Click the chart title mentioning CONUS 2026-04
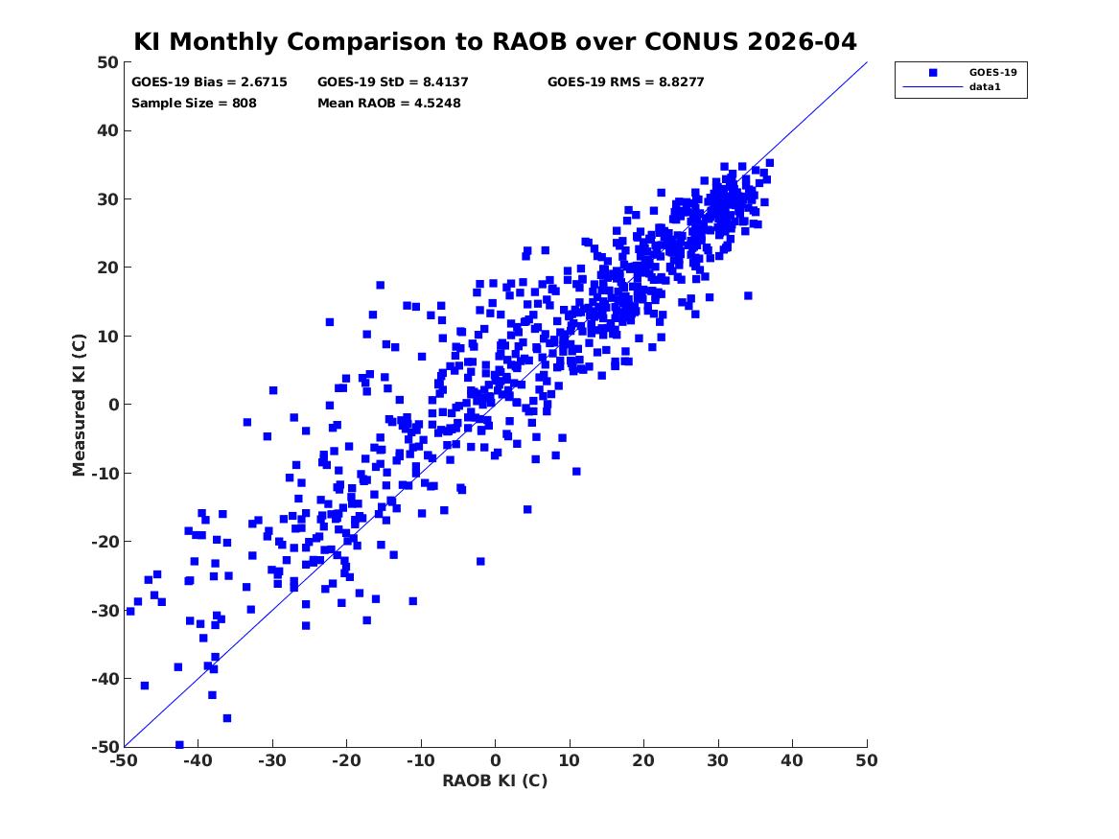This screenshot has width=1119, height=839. pyautogui.click(x=495, y=42)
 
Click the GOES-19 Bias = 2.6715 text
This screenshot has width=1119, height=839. pyautogui.click(x=196, y=82)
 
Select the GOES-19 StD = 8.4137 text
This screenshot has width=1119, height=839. pyautogui.click(x=392, y=82)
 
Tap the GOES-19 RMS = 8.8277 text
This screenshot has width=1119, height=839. pyautogui.click(x=625, y=82)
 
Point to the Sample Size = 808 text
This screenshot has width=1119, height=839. pyautogui.click(x=194, y=103)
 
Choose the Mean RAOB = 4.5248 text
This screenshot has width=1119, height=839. pyautogui.click(x=388, y=103)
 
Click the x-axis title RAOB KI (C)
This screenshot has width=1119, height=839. pyautogui.click(x=495, y=781)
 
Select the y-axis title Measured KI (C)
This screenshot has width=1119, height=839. pyautogui.click(x=80, y=405)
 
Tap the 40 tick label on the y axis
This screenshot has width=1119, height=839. pyautogui.click(x=108, y=131)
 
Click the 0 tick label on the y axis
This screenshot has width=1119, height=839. pyautogui.click(x=113, y=405)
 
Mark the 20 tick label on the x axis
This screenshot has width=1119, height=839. pyautogui.click(x=643, y=760)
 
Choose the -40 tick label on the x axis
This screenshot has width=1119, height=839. pyautogui.click(x=198, y=760)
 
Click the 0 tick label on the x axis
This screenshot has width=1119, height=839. pyautogui.click(x=495, y=760)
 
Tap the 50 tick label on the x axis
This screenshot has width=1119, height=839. pyautogui.click(x=867, y=760)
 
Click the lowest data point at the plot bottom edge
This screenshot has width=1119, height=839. pyautogui.click(x=179, y=745)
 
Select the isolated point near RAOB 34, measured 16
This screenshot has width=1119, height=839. pyautogui.click(x=748, y=295)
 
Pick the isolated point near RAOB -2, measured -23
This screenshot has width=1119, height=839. pyautogui.click(x=480, y=561)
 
